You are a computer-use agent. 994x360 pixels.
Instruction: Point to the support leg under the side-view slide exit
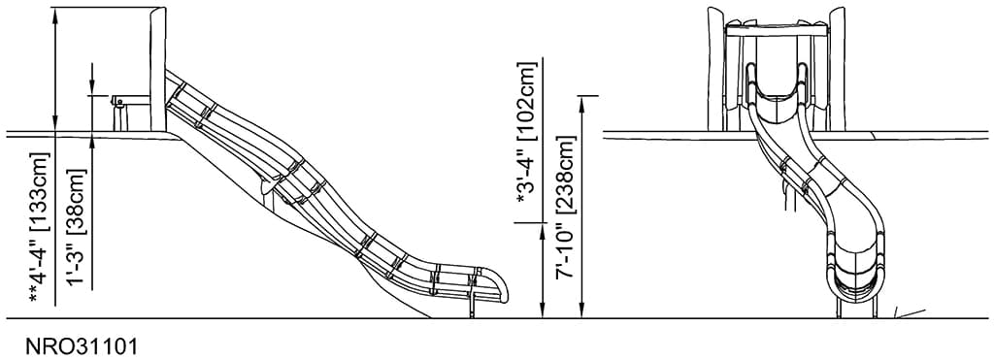[x=473, y=305]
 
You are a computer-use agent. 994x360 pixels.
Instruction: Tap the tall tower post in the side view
[x=157, y=68]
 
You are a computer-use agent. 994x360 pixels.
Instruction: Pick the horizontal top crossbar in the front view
[x=777, y=32]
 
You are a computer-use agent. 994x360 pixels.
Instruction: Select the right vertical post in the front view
[x=838, y=68]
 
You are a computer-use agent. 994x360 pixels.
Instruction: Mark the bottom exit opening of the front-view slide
[x=856, y=281]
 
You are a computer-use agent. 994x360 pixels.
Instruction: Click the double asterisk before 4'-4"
[x=39, y=295]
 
